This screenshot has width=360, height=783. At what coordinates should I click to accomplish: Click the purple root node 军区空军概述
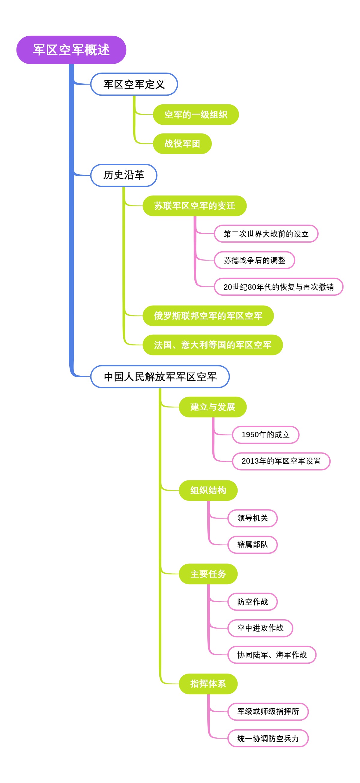point(71,50)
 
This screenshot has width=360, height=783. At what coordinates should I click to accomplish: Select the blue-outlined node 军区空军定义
point(134,84)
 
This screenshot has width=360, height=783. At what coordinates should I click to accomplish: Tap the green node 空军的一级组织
point(196,115)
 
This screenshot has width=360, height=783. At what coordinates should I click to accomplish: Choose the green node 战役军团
point(182,143)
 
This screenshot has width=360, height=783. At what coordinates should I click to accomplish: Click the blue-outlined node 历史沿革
point(124,175)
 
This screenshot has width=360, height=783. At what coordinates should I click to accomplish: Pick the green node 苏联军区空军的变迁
point(194,206)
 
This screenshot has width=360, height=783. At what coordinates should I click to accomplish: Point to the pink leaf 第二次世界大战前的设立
point(266,234)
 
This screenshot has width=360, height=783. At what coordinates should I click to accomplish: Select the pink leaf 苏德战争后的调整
point(254,260)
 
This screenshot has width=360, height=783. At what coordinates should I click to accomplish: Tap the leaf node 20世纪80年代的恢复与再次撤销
point(278,287)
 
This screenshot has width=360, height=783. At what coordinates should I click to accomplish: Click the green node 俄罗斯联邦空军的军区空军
point(208,316)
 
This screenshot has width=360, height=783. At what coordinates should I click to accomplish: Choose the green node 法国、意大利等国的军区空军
point(212,345)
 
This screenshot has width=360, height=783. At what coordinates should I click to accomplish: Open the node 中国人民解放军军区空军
point(160,377)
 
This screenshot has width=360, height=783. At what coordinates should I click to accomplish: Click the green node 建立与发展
point(212,407)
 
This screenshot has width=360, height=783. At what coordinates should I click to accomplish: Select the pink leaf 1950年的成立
point(265,435)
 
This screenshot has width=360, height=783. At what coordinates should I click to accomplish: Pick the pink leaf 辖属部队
point(252,544)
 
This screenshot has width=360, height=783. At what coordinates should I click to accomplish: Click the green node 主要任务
point(208,574)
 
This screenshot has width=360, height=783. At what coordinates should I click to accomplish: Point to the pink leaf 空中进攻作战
point(260,628)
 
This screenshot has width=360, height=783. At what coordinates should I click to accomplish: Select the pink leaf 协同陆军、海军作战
point(271,655)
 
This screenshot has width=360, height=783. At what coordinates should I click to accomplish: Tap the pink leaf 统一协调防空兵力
point(268,738)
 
